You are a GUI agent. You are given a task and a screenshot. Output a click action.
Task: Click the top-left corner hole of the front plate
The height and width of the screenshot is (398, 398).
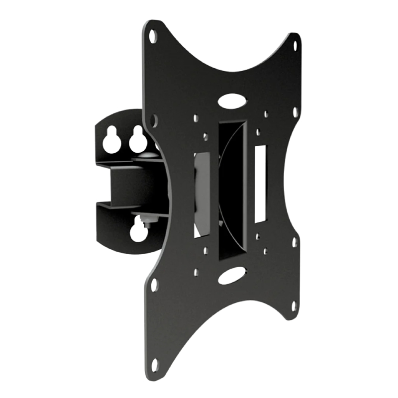point(153,35)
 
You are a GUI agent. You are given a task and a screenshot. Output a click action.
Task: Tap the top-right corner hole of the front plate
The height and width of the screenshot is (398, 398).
point(295,46)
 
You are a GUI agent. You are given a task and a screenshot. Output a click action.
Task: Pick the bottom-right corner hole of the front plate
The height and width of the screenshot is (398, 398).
point(294,304)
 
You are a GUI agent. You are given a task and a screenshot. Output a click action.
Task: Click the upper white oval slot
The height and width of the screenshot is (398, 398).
point(231,100)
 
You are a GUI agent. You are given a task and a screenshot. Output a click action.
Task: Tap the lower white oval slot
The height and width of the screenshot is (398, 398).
point(232,275)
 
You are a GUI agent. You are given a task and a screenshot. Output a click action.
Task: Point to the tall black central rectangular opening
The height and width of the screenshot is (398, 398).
point(232,189)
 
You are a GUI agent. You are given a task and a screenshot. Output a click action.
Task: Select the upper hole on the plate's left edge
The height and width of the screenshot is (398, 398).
point(154,120)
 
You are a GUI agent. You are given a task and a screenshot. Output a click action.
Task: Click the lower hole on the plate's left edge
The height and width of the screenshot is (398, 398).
point(154,285)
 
